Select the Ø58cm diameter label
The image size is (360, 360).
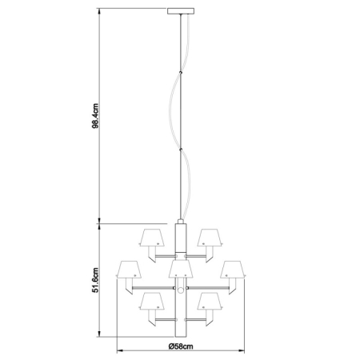180,346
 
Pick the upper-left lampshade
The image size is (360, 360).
151,237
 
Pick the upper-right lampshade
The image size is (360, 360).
210,237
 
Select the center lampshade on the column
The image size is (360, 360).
180,269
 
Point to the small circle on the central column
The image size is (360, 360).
180,289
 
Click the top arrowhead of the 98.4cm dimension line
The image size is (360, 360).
100,12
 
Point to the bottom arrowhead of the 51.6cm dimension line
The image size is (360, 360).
100,334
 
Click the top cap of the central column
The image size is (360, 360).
180,223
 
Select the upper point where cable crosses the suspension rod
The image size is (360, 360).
180,74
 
